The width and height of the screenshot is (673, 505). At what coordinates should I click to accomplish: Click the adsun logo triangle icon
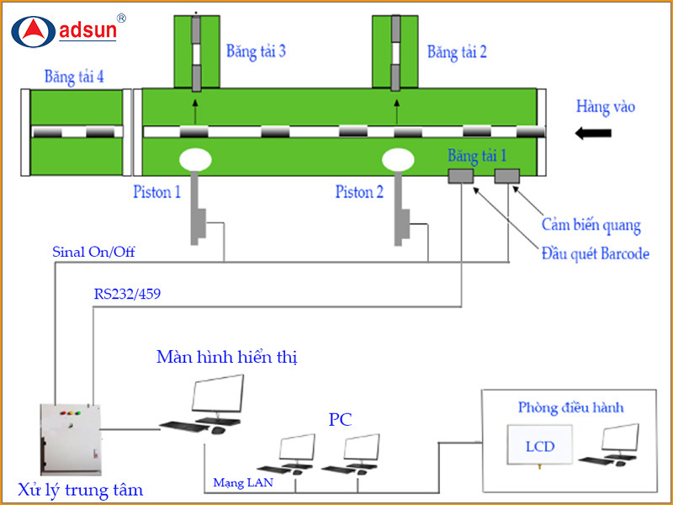[34, 31]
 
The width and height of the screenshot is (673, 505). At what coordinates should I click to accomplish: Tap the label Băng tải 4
[74, 77]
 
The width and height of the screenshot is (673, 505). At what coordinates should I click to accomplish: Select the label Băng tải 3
[256, 51]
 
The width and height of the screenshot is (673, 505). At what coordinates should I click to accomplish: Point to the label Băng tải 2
[457, 51]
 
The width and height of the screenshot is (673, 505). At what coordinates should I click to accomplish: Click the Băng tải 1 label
[478, 156]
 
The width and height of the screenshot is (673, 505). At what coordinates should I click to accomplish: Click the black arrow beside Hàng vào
[594, 131]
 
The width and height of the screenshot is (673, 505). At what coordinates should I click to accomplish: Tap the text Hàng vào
[605, 107]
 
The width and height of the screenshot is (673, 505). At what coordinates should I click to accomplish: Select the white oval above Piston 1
[195, 159]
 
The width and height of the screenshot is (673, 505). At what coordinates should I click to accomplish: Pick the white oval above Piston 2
[398, 159]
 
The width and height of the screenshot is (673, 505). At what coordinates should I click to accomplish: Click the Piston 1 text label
[156, 192]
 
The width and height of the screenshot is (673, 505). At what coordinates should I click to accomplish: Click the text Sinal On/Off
[93, 251]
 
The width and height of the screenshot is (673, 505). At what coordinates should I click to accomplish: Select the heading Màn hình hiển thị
[227, 357]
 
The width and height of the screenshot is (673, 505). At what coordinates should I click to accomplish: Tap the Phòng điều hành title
[570, 408]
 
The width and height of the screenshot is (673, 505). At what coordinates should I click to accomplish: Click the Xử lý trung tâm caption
[81, 490]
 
